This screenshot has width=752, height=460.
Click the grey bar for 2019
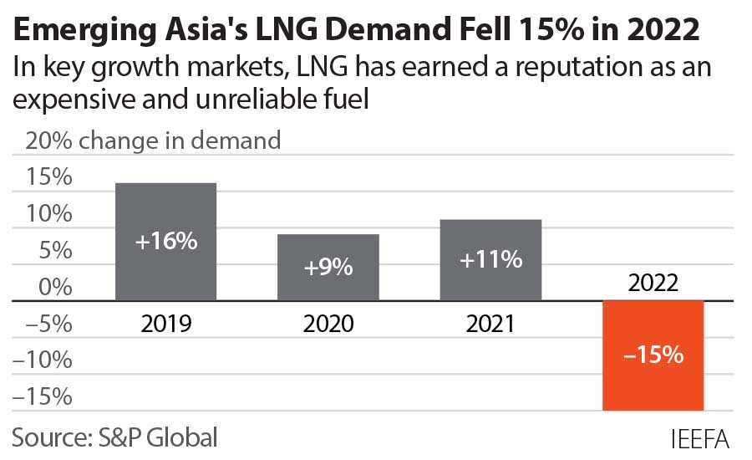point(166,209)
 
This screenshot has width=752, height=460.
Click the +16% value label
point(166,242)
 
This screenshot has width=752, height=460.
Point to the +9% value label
point(328,268)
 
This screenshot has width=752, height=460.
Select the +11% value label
point(490,260)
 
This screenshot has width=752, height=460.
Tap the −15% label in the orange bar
point(653,355)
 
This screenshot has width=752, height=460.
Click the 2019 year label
point(166,324)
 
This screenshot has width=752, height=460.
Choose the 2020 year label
point(328,324)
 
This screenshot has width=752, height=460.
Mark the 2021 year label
point(490,324)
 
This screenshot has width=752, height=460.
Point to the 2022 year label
point(653,284)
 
